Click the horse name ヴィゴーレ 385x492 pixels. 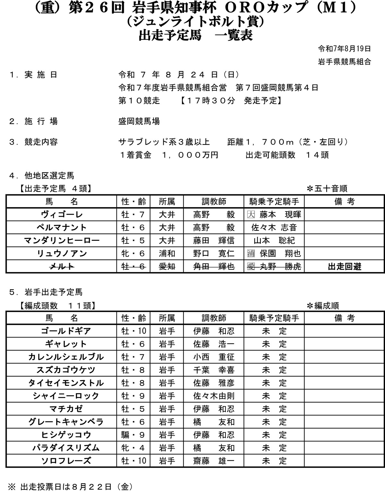(62, 215)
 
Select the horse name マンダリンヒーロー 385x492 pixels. (62, 241)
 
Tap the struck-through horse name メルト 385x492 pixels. (62, 267)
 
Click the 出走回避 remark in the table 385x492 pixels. (344, 267)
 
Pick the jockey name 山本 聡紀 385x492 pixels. (274, 241)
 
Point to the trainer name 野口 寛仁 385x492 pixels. (214, 253)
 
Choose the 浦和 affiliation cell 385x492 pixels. (167, 253)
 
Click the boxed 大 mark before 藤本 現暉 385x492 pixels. (251, 215)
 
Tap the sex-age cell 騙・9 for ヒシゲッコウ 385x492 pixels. (133, 435)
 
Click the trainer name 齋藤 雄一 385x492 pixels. (214, 461)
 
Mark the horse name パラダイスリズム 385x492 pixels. (66, 448)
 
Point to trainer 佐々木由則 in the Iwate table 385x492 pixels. (214, 396)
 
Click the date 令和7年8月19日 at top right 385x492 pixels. (345, 49)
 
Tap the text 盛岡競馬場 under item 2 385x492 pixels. (139, 122)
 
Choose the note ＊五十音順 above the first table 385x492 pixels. (327, 189)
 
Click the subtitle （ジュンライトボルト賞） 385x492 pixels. (195, 21)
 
